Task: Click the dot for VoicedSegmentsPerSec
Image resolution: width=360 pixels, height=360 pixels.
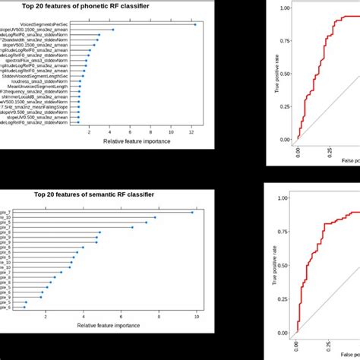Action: (195, 25)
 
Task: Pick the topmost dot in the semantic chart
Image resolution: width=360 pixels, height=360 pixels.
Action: (192, 213)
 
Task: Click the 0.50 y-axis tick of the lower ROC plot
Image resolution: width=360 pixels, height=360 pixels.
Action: (283, 265)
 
